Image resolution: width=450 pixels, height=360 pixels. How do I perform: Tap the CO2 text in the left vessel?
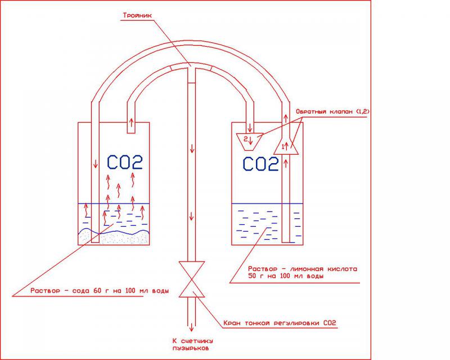coord(124,162)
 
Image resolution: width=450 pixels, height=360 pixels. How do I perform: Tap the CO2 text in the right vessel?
coord(261,164)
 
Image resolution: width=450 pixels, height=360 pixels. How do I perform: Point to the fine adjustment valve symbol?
coord(192,278)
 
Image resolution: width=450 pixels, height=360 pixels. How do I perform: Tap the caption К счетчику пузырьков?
coord(192,344)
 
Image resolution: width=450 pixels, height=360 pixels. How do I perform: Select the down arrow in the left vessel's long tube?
coord(94,167)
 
